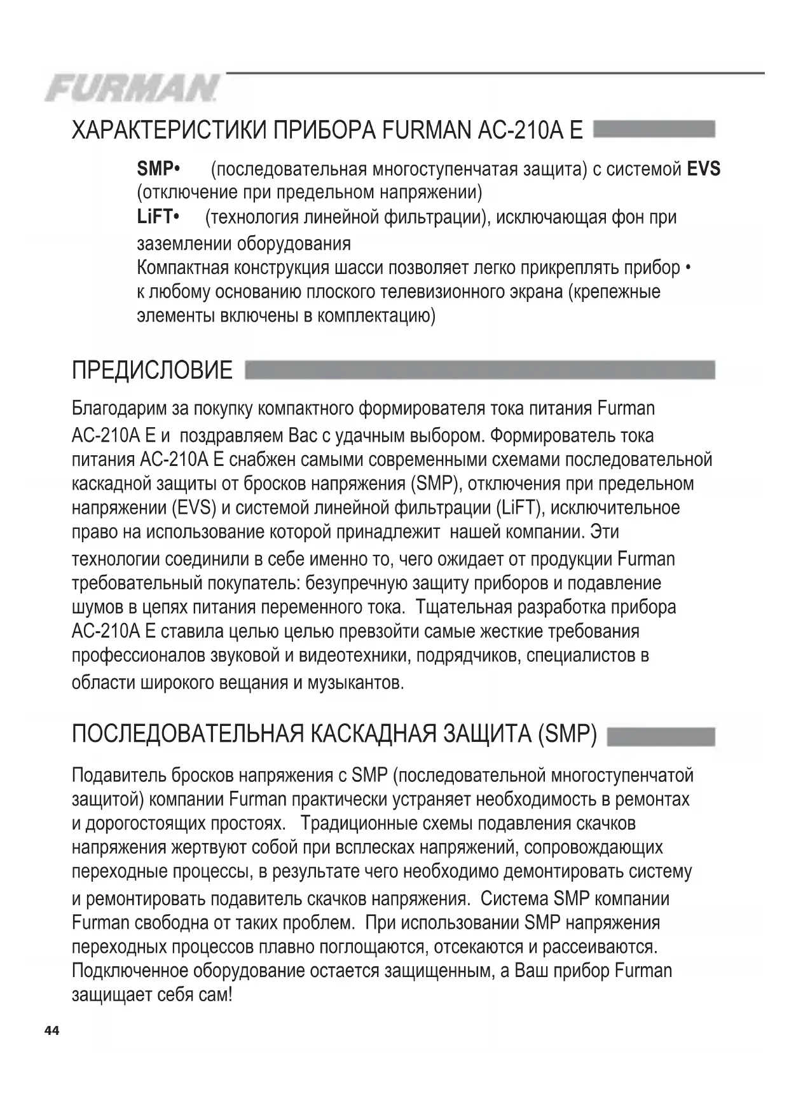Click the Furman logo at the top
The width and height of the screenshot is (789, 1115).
(x=132, y=88)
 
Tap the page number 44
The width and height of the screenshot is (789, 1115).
(x=51, y=1030)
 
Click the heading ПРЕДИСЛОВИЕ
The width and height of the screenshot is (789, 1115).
(x=152, y=370)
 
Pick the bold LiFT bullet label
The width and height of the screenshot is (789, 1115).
(x=158, y=217)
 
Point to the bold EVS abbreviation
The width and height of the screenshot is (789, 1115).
(x=704, y=168)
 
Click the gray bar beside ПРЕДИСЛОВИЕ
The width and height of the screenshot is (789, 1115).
(x=479, y=370)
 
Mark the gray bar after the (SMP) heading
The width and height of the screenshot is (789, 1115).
(x=661, y=736)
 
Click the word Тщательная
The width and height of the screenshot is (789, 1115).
(x=464, y=607)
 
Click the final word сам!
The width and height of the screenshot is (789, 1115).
(x=216, y=995)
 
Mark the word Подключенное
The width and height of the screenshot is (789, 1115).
(x=130, y=971)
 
